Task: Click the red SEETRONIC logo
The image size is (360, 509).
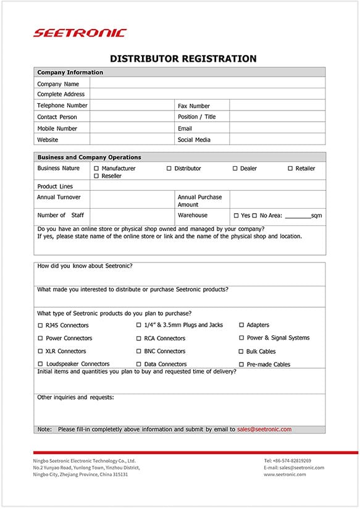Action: [80, 33]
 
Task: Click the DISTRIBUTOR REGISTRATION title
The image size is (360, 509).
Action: [183, 59]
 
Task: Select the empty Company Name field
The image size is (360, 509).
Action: [207, 83]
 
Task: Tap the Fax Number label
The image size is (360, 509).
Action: [193, 106]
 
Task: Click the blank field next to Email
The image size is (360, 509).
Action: [277, 128]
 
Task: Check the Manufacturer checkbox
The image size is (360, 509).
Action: [96, 169]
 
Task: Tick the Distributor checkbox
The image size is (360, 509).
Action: [169, 169]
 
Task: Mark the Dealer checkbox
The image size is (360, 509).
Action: [235, 169]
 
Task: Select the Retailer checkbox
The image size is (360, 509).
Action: [290, 169]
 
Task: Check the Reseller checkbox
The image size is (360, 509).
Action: [96, 176]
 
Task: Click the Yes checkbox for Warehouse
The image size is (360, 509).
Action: [236, 216]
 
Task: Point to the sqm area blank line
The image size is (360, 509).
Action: [298, 216]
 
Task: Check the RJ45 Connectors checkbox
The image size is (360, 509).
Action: [40, 326]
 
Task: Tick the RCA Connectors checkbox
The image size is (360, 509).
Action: [138, 339]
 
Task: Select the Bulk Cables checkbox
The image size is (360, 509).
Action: [241, 351]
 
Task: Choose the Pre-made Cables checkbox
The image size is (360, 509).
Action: [241, 364]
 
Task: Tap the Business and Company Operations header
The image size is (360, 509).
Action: [89, 157]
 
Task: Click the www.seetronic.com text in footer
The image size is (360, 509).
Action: [285, 474]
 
